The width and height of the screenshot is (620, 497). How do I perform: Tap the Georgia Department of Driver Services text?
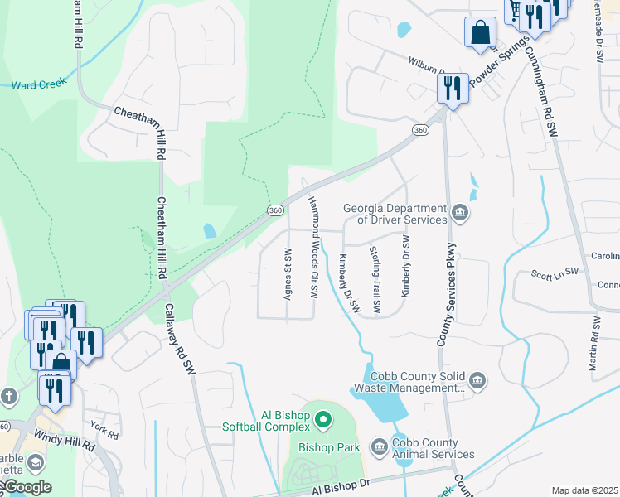(395, 214)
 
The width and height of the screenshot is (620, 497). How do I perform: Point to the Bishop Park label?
(329, 447)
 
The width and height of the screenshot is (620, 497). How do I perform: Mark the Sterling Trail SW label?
(375, 280)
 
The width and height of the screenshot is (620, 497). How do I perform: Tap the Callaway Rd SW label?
(189, 340)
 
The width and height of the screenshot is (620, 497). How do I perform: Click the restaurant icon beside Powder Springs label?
(452, 89)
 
